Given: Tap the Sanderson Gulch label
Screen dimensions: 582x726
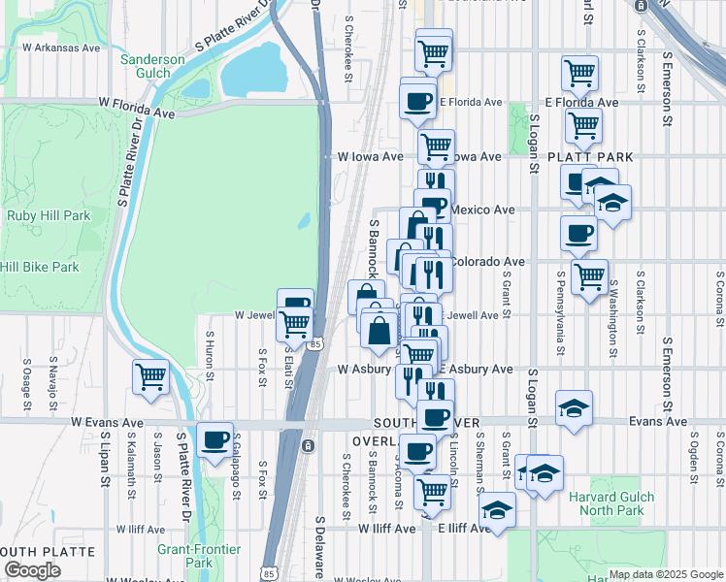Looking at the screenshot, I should (152, 66).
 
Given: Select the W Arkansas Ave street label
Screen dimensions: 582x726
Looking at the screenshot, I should (60, 48).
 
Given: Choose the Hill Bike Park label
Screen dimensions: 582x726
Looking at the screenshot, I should (40, 267).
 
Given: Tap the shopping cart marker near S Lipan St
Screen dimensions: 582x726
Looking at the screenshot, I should (151, 375).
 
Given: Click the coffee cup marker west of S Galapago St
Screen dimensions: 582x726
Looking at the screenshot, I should (214, 441).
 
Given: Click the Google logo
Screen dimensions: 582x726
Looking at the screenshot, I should (32, 571).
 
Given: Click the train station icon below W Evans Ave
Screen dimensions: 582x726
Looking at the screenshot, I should (308, 446).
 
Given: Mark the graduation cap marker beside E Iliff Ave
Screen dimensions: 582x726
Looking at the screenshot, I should (498, 510).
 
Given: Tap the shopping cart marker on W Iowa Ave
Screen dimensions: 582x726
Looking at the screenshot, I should (437, 146).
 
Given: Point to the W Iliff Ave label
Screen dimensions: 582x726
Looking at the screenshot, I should (386, 529).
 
